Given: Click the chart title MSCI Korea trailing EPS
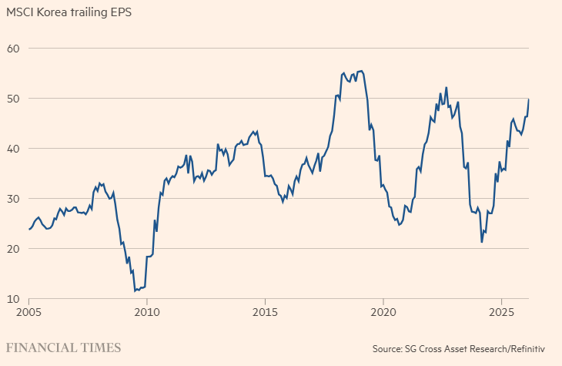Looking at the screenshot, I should coord(69,13).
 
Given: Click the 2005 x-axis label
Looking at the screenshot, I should coord(29,312).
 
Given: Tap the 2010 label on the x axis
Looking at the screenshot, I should coord(147,312).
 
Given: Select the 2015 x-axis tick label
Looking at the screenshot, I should coord(265,312).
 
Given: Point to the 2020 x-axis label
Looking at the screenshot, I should coord(383,312).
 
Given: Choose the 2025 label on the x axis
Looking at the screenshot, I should coord(500,312).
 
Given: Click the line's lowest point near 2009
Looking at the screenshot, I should coord(135,291).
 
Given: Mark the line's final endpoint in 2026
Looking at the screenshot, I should coord(529,99).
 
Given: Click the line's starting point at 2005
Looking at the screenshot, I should coord(29,229).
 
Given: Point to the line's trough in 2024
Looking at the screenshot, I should coord(482,242).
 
